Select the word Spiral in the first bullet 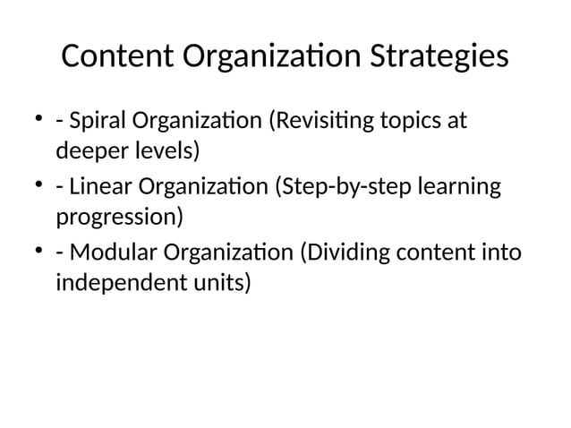pos(93,121)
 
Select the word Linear pos(96,188)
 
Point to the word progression pos(118,218)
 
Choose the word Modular pos(105,255)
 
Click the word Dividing pos(346,255)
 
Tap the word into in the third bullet pos(499,255)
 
